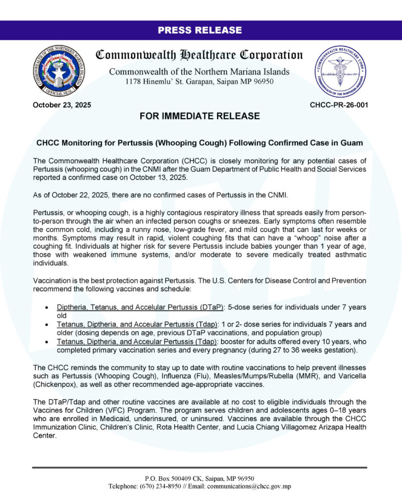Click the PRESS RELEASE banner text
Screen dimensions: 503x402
200,30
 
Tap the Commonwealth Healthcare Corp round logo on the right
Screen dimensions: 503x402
342,71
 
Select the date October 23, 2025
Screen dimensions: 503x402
62,105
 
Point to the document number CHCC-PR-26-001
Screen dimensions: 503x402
339,105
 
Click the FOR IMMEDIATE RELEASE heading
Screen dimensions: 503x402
200,116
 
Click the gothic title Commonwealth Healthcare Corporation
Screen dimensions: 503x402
199,55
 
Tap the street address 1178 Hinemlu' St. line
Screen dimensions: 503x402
199,82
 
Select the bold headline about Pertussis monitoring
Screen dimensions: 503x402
200,143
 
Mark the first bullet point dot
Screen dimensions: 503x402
46,307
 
